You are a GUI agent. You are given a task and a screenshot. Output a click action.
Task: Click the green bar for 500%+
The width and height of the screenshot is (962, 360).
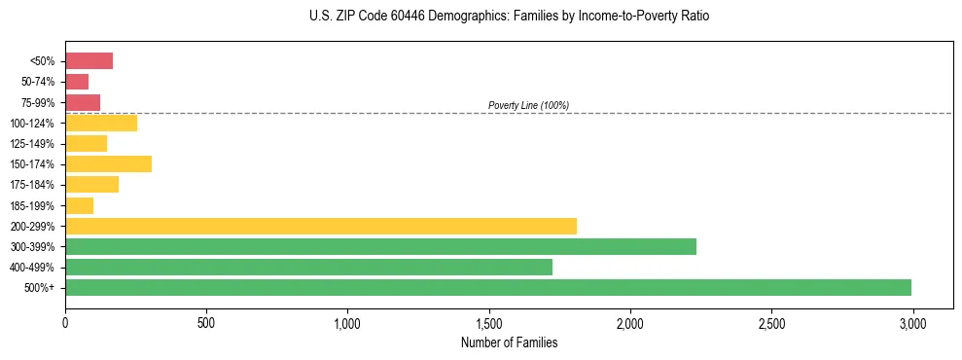point(488,287)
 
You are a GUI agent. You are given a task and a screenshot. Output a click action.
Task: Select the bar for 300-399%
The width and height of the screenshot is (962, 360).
point(380,246)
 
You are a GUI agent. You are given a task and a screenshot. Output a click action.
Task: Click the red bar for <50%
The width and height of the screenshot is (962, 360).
point(89,61)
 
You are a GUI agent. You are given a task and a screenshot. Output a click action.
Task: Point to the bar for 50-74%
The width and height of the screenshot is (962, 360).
point(77,82)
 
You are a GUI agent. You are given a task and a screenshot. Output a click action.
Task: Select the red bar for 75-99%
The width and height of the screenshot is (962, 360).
point(83,102)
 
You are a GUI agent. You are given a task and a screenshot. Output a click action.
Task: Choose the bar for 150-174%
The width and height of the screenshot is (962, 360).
point(108,163)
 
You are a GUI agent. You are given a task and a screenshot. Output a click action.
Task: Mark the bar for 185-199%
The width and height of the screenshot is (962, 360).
point(79,205)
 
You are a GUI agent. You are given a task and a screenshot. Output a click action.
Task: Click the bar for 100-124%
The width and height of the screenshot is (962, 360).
point(101,123)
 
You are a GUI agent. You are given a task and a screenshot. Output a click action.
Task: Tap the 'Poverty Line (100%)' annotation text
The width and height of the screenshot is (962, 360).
point(528,105)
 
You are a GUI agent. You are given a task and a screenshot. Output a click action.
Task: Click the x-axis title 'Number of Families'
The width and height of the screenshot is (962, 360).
point(509,342)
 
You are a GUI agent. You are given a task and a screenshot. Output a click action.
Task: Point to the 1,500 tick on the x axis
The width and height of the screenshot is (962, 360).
point(489,321)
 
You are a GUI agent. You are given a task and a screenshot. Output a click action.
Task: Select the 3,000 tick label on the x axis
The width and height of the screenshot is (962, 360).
point(912,321)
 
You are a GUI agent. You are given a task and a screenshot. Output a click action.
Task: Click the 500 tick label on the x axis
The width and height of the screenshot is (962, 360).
point(206,321)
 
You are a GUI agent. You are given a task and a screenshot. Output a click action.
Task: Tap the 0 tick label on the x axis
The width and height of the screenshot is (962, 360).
point(65,321)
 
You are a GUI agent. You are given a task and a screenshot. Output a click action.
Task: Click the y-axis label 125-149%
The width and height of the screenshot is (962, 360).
point(34,144)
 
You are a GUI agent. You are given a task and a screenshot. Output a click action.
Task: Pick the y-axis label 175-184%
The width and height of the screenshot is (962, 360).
point(34,185)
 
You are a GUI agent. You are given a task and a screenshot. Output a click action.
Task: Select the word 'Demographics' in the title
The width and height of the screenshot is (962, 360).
point(443,17)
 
